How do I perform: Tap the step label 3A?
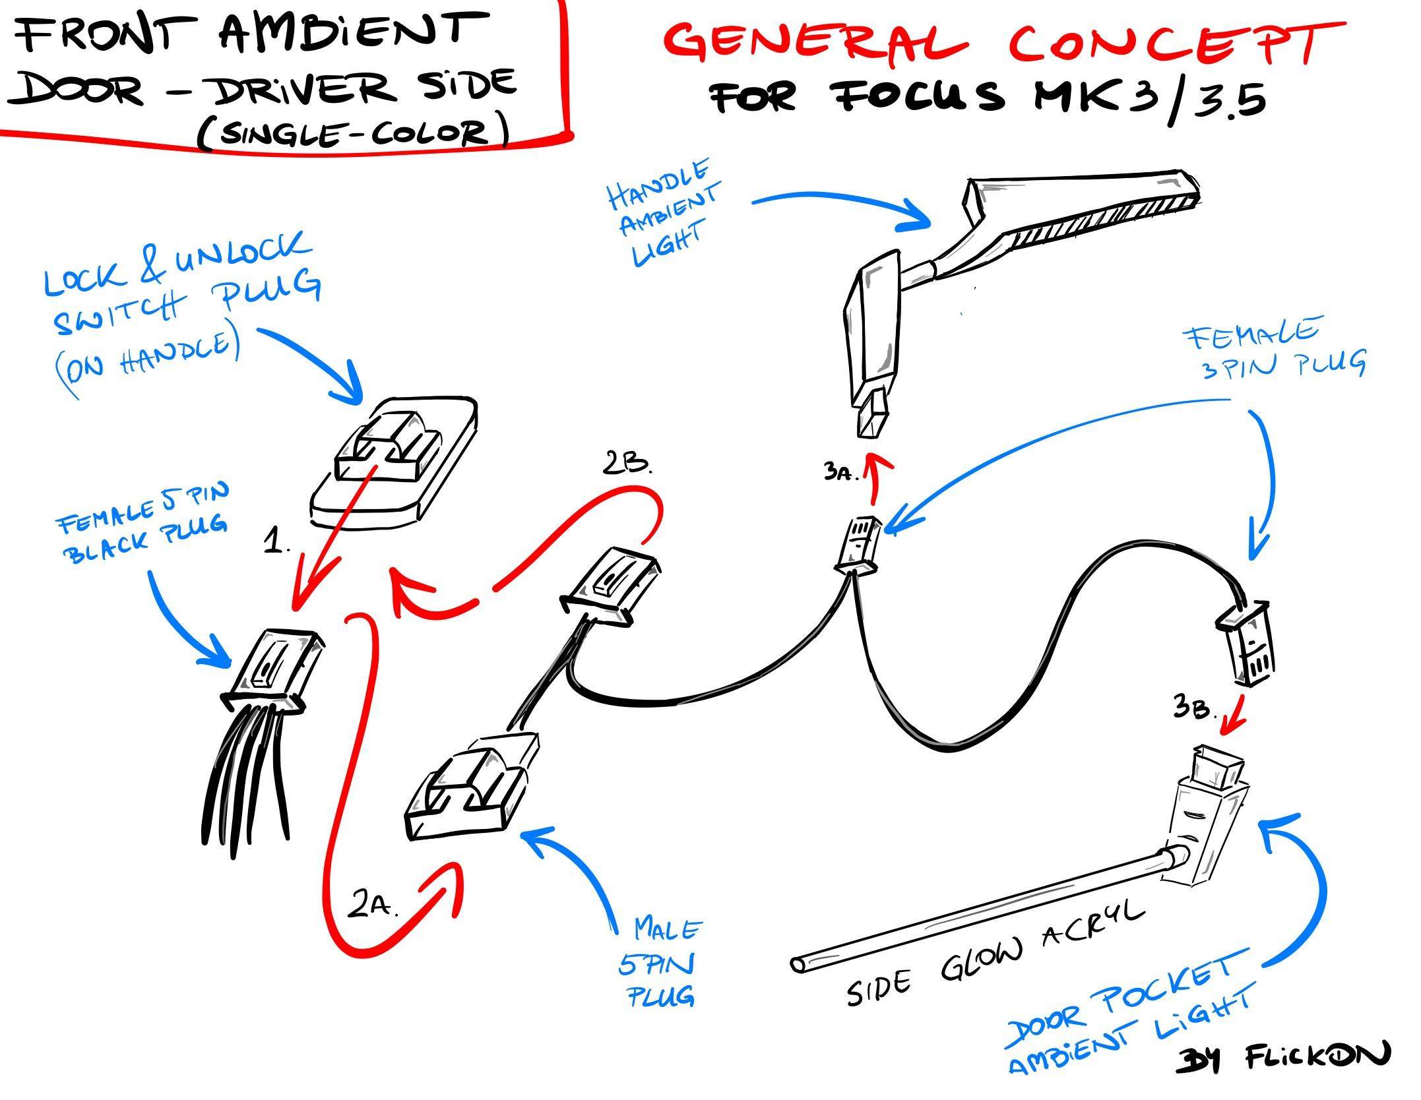tap(839, 472)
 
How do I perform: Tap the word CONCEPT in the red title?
tap(1174, 41)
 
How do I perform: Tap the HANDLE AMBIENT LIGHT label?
tap(663, 214)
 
